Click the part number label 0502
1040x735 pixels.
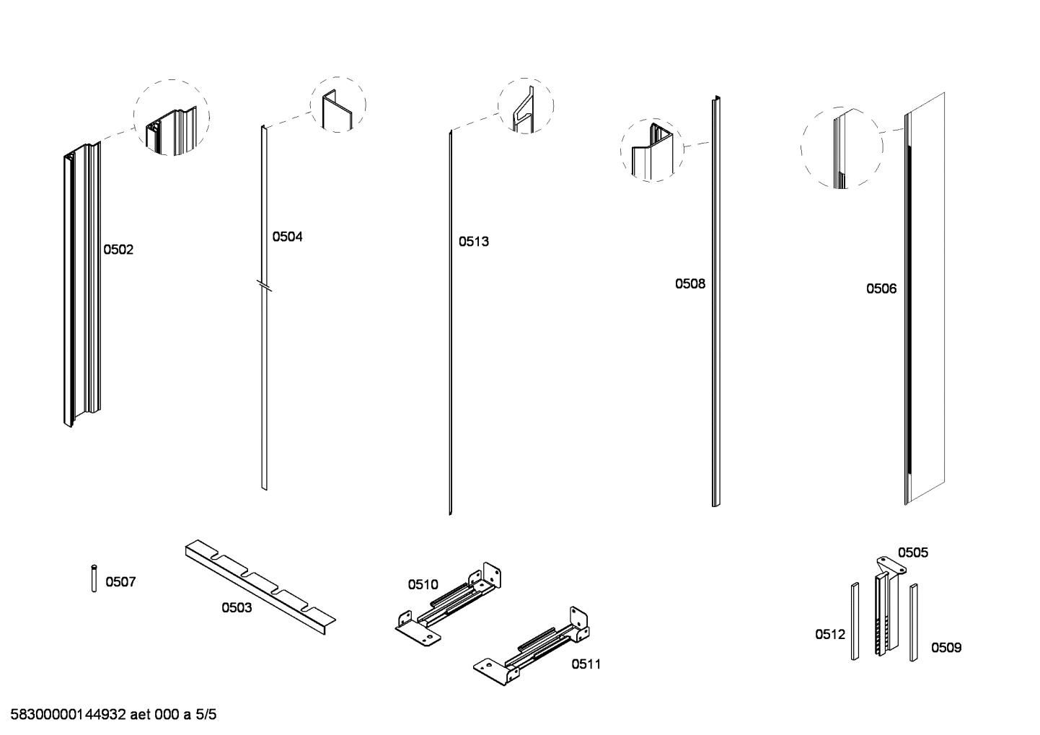tap(118, 250)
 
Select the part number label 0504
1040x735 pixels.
tap(287, 237)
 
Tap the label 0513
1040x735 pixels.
tap(474, 242)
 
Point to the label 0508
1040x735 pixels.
tap(690, 283)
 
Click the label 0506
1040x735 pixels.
tap(881, 289)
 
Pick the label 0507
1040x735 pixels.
tap(120, 582)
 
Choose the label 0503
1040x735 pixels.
tap(237, 608)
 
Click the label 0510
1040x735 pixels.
tap(423, 584)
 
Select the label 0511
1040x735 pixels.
tap(586, 664)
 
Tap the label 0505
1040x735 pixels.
tap(912, 553)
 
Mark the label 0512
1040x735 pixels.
tap(830, 635)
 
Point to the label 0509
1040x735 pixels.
tap(946, 648)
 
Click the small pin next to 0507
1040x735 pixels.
tap(94, 578)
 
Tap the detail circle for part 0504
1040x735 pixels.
tap(338, 105)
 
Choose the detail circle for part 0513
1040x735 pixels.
tap(526, 105)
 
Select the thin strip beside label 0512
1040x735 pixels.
tap(855, 621)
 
